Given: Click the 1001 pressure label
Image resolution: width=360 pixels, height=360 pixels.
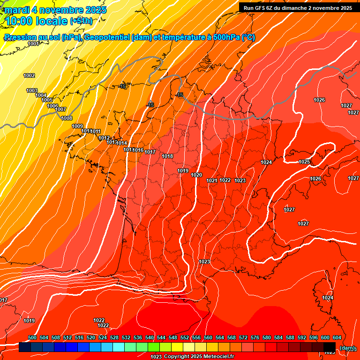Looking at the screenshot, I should pyautogui.click(x=33, y=44).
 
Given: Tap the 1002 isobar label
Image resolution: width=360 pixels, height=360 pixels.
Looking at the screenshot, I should pyautogui.click(x=29, y=75).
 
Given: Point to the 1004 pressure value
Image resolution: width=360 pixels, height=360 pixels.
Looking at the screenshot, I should pyautogui.click(x=41, y=95).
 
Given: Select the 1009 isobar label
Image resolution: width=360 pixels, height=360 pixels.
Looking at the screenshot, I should pyautogui.click(x=77, y=126).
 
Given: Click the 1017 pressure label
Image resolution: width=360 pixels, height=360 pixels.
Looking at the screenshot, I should pyautogui.click(x=150, y=152).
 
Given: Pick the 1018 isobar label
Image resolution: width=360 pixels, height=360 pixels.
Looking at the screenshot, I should pyautogui.click(x=167, y=156).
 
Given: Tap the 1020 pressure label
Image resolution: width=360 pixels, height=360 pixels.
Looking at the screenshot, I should pyautogui.click(x=196, y=175).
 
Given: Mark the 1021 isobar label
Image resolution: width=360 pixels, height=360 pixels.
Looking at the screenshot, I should pyautogui.click(x=211, y=180).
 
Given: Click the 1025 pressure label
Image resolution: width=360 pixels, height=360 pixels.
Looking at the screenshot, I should pyautogui.click(x=304, y=162).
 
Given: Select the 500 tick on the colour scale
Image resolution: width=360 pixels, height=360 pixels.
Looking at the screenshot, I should pyautogui.click(x=32, y=337).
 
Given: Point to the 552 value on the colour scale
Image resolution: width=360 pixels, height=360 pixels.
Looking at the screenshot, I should pyautogui.click(x=185, y=337).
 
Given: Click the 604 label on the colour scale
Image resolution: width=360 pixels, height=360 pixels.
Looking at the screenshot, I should pyautogui.click(x=337, y=337).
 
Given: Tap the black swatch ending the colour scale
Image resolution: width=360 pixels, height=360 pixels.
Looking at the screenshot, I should pyautogui.click(x=330, y=347).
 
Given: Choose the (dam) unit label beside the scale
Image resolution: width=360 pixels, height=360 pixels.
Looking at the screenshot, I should pyautogui.click(x=347, y=348).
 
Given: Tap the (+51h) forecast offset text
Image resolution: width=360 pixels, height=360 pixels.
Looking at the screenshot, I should pyautogui.click(x=81, y=21).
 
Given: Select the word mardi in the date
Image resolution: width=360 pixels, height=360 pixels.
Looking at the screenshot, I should pyautogui.click(x=16, y=9).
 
